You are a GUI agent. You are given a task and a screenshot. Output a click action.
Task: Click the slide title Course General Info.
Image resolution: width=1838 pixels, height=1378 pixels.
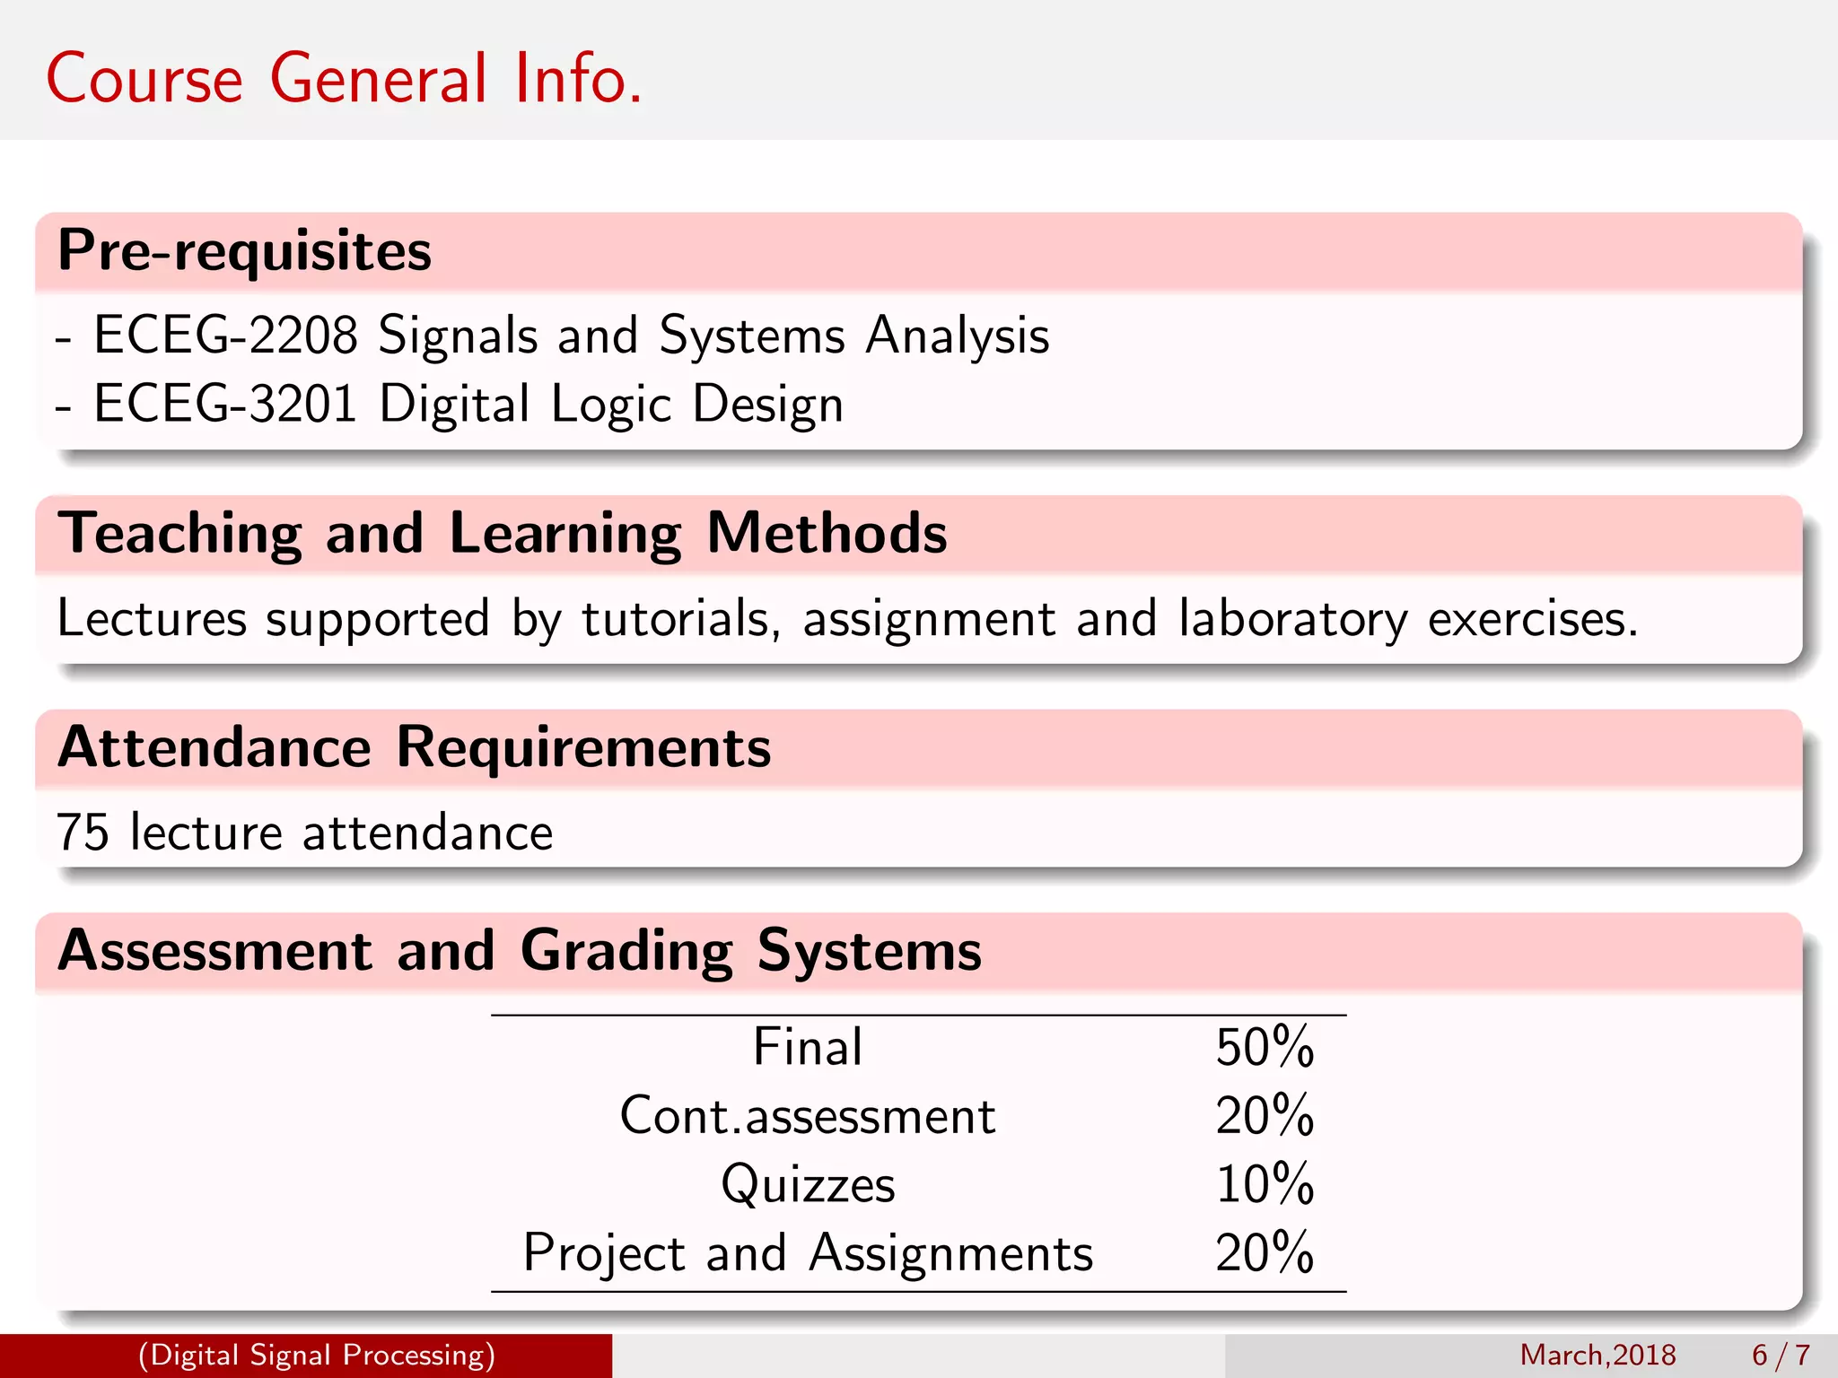coord(344,79)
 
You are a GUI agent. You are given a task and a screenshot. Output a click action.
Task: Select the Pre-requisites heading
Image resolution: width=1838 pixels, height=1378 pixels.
coord(244,250)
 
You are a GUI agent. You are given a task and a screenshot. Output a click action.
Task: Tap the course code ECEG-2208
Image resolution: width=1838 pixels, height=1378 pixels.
coord(225,336)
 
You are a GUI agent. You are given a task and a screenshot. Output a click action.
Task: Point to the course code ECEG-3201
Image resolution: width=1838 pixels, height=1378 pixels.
coord(225,404)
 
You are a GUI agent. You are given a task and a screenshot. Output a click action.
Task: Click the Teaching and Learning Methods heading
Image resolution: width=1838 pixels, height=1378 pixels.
coord(503,534)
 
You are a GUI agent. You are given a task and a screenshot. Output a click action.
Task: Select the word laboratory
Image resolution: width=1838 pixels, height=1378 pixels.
coord(1293,620)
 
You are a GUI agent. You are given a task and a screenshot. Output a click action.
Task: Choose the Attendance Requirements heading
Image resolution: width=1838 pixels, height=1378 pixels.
coord(415,747)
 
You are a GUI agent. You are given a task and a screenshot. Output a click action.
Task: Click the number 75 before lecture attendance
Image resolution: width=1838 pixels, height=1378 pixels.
coord(83,833)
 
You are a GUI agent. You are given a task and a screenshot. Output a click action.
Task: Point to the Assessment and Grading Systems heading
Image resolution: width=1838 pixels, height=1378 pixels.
coord(520,951)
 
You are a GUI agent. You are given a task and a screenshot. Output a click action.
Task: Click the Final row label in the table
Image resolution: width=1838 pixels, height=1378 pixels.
coord(808,1047)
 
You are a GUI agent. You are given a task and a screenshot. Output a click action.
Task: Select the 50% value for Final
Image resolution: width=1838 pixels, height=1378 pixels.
coord(1265,1047)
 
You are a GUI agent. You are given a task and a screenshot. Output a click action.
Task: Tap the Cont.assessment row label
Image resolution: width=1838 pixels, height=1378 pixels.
coord(808,1116)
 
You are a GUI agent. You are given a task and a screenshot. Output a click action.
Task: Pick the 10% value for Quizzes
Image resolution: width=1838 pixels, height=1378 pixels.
coord(1265,1184)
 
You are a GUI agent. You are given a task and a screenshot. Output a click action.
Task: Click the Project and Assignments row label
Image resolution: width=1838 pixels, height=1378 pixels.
coord(808,1253)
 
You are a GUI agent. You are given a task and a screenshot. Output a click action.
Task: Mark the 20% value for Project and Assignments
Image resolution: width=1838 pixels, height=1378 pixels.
coord(1265,1253)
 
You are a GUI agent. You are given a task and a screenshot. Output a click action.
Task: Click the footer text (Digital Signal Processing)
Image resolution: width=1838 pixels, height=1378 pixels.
coord(317,1355)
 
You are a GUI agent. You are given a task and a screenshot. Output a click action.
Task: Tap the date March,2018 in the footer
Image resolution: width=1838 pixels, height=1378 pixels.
coord(1597,1355)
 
